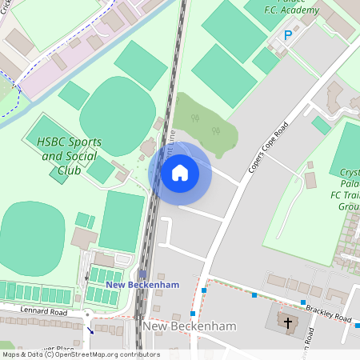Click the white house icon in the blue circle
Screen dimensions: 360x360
pos(180,172)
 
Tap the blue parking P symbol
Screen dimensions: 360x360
pos(289,35)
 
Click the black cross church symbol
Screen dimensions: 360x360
pos(286,322)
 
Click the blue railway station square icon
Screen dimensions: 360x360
pos(142,274)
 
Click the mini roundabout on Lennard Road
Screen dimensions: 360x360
pos(87,315)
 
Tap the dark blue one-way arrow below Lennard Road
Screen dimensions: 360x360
pos(90,328)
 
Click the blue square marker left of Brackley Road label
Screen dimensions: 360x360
pos(303,302)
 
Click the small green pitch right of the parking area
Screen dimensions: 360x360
pos(320,125)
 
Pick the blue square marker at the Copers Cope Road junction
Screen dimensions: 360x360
pos(204,290)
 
